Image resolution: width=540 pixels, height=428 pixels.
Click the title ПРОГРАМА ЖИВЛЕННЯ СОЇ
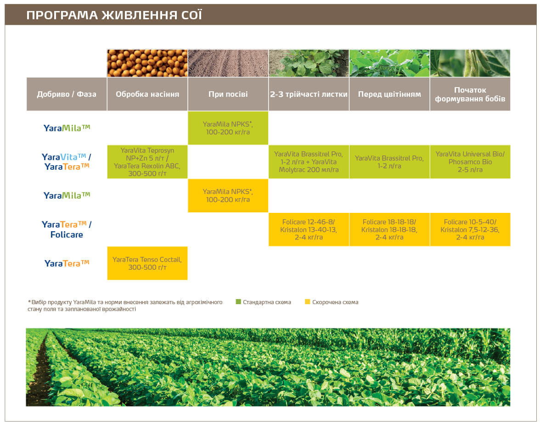[x=114, y=15]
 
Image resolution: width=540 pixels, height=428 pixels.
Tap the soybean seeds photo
[x=147, y=63]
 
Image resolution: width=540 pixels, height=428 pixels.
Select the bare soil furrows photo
[x=228, y=63]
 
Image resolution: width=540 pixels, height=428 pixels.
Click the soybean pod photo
[x=470, y=63]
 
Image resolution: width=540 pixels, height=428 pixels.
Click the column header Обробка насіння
[x=147, y=94]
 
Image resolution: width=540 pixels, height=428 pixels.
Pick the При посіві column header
[x=228, y=94]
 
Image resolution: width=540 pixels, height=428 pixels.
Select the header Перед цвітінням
[x=389, y=94]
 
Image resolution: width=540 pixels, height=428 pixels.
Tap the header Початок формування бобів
[x=470, y=94]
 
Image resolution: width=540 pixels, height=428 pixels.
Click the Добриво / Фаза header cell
[x=67, y=94]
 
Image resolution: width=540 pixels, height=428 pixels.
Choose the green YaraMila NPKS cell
[x=228, y=128]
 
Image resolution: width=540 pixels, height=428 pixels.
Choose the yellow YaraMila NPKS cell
[x=228, y=195]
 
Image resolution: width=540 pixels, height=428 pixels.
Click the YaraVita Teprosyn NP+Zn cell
[x=147, y=162]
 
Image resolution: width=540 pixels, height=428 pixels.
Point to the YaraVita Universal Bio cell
[x=470, y=162]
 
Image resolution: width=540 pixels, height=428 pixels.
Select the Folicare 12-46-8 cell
[x=309, y=229]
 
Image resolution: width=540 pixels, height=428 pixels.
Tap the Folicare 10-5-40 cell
[x=470, y=229]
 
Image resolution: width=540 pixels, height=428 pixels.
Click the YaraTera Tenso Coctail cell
[x=147, y=263]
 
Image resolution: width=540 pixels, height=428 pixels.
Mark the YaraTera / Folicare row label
[x=67, y=229]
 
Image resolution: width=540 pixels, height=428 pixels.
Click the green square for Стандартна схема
[x=238, y=302]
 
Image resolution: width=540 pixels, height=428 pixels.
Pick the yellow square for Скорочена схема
[x=307, y=302]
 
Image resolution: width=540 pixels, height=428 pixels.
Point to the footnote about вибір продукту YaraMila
[x=125, y=306]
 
